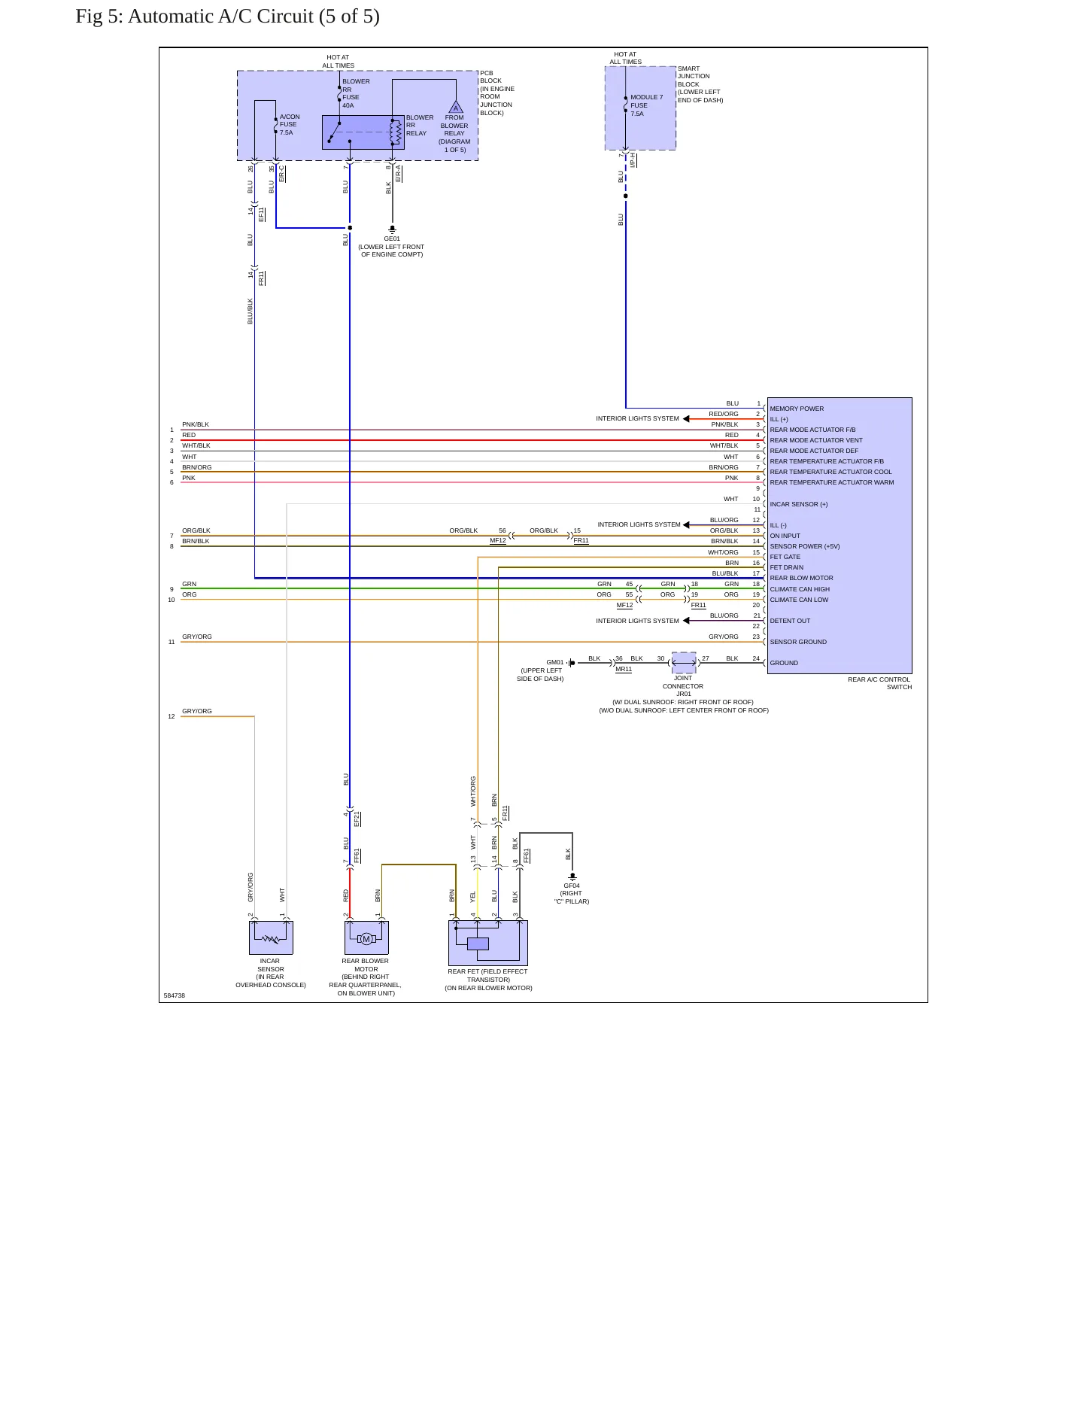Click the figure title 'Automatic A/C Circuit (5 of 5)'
pos(254,17)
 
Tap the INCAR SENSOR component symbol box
pos(271,937)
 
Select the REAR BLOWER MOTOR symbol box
pos(366,937)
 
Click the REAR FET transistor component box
pos(488,943)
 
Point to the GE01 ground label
pos(392,239)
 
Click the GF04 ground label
pos(572,886)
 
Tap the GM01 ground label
pos(555,663)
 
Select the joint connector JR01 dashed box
pos(684,663)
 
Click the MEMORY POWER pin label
pos(797,409)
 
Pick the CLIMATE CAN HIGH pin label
pos(800,589)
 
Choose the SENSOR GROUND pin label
pos(798,642)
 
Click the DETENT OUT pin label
pos(790,621)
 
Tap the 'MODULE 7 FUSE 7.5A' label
pos(647,105)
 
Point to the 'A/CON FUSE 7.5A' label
pos(290,124)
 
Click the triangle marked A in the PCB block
pos(456,107)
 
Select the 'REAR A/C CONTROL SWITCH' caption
pos(879,683)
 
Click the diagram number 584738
pos(175,995)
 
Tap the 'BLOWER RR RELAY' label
pos(420,125)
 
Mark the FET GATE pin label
pos(785,557)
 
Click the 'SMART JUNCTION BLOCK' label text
pos(694,76)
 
